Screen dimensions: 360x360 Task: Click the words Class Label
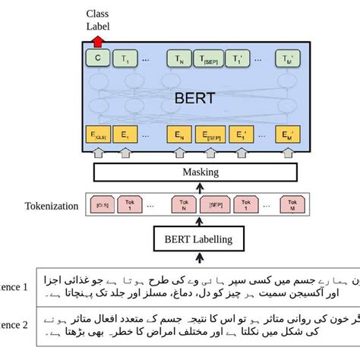(x=97, y=20)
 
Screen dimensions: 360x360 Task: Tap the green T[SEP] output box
(x=210, y=58)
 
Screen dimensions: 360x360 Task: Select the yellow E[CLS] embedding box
(x=98, y=136)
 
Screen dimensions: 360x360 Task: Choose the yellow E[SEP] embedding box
(x=211, y=137)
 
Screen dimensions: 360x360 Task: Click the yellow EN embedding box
(x=180, y=136)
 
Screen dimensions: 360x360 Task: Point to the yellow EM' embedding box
(x=286, y=137)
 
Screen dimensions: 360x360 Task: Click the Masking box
(x=201, y=172)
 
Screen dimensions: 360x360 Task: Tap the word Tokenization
(x=50, y=205)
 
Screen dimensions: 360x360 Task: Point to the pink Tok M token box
(x=288, y=204)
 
